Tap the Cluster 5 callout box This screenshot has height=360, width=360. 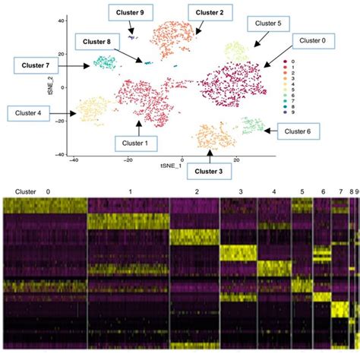[x=269, y=24]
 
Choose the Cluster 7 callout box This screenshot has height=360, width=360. [x=36, y=66]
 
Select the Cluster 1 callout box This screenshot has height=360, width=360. [x=139, y=141]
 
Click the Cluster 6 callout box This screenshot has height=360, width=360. [x=292, y=131]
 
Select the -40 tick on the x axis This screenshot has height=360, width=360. [x=73, y=160]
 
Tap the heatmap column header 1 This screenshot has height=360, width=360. [x=130, y=192]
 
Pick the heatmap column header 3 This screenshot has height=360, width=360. [x=242, y=192]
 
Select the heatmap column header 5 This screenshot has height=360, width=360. [x=302, y=192]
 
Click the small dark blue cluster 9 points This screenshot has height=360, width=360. [x=132, y=36]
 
